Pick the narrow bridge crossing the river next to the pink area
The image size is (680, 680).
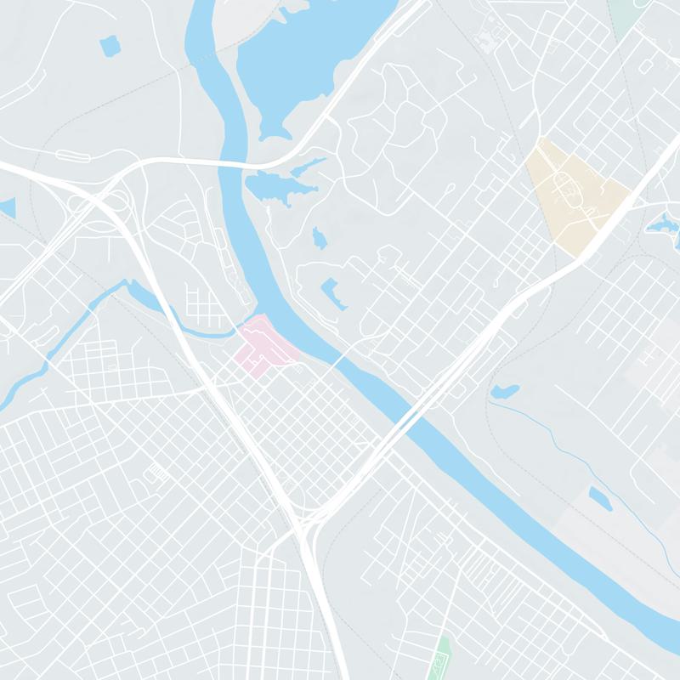click(x=337, y=363)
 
